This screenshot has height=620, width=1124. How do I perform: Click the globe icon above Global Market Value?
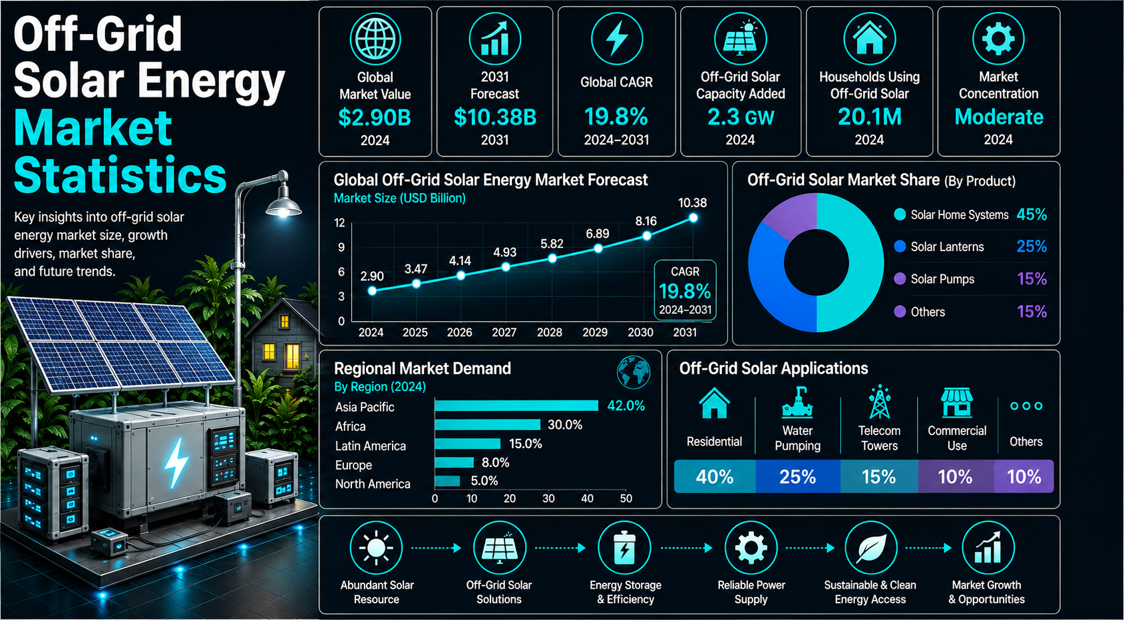(375, 39)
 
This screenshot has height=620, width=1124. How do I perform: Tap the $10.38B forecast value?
(494, 117)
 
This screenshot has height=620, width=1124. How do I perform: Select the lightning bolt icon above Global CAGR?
(617, 38)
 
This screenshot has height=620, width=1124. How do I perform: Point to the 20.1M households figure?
(869, 117)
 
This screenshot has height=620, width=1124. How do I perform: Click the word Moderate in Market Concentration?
(998, 117)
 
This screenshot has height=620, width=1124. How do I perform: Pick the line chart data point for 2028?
(552, 258)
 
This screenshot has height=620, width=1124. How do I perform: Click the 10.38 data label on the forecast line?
(693, 203)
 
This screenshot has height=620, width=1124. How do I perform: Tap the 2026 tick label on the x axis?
(460, 332)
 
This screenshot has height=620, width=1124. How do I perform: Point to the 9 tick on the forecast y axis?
(341, 247)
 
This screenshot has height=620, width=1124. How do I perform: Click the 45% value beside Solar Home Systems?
(1031, 215)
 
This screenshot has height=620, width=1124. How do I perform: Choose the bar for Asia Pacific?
(516, 406)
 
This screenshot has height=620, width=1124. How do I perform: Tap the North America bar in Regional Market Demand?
(447, 481)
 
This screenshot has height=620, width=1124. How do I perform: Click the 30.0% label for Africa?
(565, 426)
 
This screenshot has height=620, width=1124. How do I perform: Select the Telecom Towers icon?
(880, 402)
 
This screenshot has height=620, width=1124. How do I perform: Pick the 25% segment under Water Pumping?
(798, 476)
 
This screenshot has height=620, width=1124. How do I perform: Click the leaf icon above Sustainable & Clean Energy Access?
(870, 548)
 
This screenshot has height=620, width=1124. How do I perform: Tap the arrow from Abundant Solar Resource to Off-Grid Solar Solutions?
(436, 547)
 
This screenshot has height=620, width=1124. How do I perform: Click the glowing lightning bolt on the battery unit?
(176, 463)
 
